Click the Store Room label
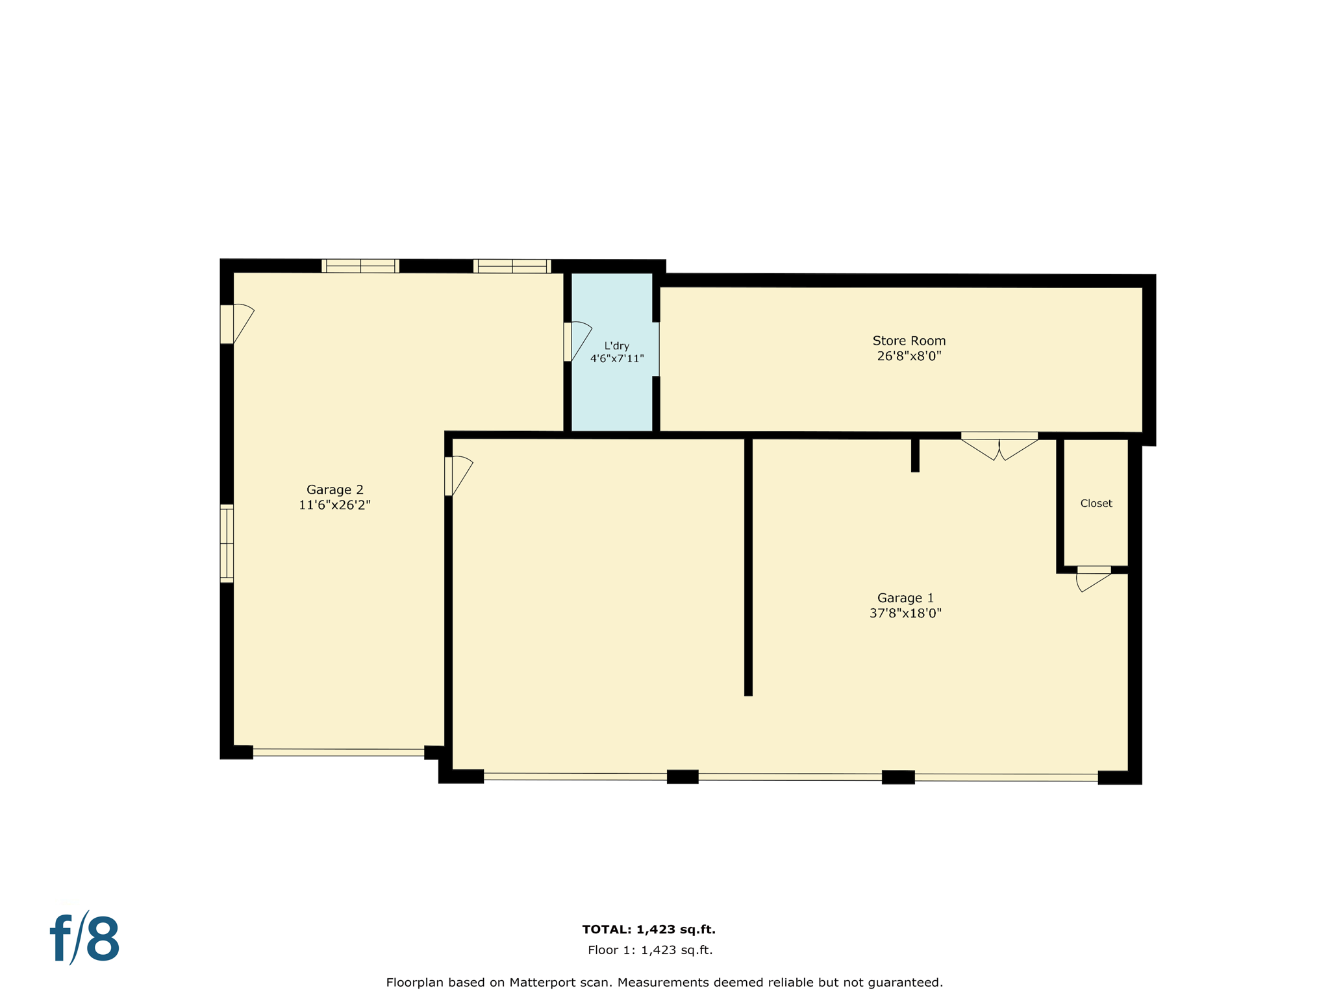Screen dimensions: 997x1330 click(x=909, y=341)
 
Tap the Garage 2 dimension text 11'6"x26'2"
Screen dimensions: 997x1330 click(x=334, y=505)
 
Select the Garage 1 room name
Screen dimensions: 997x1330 click(x=905, y=598)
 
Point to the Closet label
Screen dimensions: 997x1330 click(x=1096, y=504)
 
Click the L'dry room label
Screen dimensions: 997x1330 click(x=616, y=346)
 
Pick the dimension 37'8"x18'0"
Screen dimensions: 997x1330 click(x=905, y=613)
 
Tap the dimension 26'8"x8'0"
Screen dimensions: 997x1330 click(x=909, y=356)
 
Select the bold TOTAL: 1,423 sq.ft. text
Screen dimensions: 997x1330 click(x=649, y=929)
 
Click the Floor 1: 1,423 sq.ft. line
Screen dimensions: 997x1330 click(x=650, y=950)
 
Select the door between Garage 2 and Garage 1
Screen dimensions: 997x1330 click(x=457, y=476)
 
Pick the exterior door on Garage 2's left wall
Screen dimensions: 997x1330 click(x=235, y=323)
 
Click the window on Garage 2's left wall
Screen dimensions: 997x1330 click(x=227, y=543)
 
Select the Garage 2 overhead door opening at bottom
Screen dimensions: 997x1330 click(x=338, y=752)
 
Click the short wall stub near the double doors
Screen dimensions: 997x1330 click(x=915, y=455)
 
